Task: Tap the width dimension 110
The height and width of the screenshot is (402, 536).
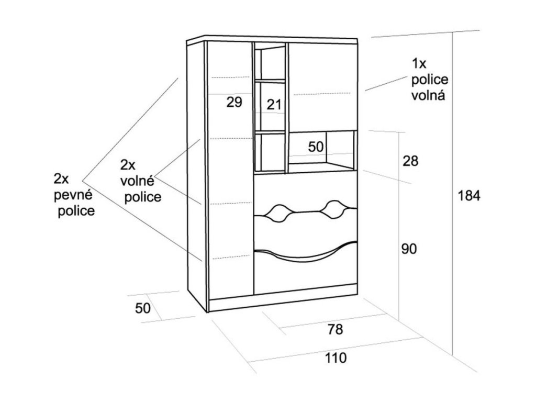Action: [336, 359]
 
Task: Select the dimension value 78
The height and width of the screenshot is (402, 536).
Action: [335, 330]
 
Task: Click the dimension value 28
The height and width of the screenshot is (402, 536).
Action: [410, 161]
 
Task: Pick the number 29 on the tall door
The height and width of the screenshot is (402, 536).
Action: [234, 102]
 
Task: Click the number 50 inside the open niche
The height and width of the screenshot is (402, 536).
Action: [316, 147]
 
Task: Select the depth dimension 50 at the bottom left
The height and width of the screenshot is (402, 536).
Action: [142, 308]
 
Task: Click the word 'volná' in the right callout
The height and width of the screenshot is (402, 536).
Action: [429, 96]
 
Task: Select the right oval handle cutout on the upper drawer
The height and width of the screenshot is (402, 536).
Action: [333, 209]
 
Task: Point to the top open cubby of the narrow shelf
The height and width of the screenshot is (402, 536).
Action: [270, 63]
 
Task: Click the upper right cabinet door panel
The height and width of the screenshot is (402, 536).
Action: [322, 86]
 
